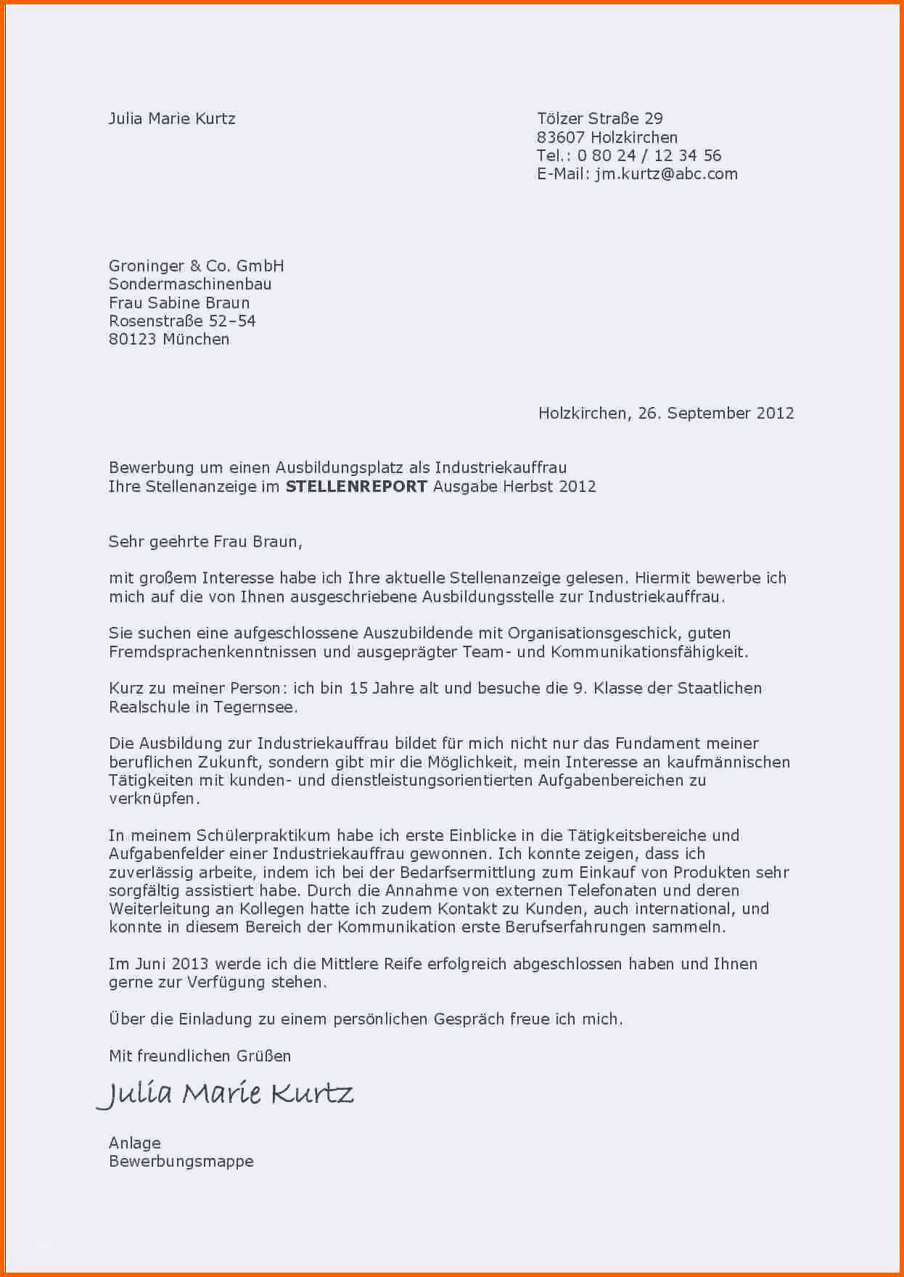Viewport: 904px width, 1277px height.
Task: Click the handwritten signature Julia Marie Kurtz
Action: click(x=226, y=1093)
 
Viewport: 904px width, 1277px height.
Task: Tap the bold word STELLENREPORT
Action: click(x=356, y=487)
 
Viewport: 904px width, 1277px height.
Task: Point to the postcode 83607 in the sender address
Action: click(x=561, y=137)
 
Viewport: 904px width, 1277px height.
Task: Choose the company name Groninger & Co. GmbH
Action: click(x=196, y=266)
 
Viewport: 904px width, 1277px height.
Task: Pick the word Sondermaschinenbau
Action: click(x=190, y=284)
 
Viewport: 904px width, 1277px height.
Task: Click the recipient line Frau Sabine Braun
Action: click(x=179, y=303)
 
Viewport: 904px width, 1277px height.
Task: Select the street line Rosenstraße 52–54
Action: click(x=182, y=321)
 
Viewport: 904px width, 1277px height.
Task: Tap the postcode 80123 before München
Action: click(x=133, y=340)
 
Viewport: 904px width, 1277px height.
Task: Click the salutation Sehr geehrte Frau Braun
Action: click(x=205, y=541)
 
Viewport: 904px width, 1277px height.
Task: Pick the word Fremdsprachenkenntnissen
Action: click(x=213, y=652)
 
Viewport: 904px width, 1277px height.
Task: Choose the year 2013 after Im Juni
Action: click(x=191, y=964)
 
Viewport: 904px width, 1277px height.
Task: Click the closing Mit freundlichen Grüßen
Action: click(x=200, y=1056)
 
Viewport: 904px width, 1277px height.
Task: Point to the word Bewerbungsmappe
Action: click(x=181, y=1162)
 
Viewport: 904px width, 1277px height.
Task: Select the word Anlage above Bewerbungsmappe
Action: click(x=135, y=1143)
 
